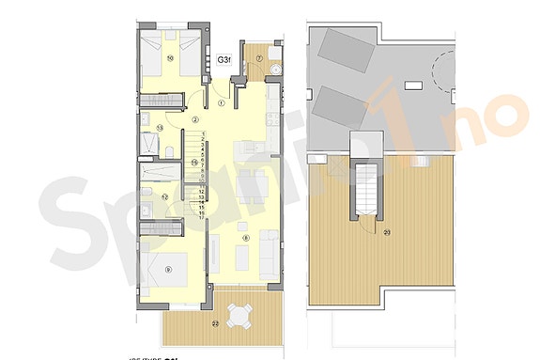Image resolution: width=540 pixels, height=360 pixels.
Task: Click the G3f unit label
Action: point(225,59)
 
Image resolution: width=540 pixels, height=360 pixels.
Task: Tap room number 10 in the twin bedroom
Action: point(170,57)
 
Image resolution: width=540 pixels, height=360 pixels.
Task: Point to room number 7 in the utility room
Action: point(259,59)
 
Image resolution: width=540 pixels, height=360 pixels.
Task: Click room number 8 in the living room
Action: point(245,238)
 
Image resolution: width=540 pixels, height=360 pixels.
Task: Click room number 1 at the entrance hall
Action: point(222,102)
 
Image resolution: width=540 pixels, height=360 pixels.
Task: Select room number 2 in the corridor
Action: point(194,119)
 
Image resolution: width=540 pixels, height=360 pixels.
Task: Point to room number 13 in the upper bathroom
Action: point(161,128)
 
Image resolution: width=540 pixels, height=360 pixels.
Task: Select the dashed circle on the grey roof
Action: point(442,70)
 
